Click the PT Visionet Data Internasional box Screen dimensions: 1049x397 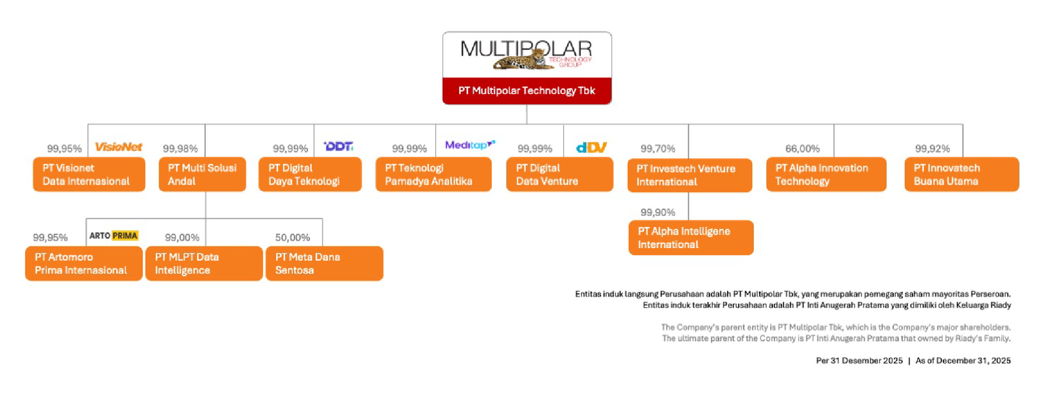coord(89,175)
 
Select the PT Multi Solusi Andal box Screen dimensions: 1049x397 coord(203,175)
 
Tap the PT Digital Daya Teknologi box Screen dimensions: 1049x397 coord(310,175)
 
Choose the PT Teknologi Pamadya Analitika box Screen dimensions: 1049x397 coord(433,175)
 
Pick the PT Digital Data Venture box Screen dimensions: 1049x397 coord(560,175)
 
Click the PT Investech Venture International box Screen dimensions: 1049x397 coord(690,175)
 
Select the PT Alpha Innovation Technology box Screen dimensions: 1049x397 coord(826,175)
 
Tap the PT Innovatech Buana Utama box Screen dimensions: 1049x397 coord(962,175)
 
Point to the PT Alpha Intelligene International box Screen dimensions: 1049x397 coord(691,238)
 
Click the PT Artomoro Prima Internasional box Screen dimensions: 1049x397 coord(84,263)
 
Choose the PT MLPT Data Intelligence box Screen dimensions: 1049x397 coord(204,263)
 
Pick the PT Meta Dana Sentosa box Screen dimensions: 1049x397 coord(325,263)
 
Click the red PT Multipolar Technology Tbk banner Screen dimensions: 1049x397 coord(527,91)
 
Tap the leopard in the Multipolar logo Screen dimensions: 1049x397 coord(524,60)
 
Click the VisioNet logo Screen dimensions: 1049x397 coord(119,147)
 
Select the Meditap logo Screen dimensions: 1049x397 coord(470,145)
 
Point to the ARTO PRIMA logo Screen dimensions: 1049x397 coord(114,236)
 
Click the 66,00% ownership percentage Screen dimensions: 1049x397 coord(802,148)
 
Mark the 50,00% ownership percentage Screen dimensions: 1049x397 coord(292,238)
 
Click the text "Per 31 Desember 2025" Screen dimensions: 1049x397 coord(860,360)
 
